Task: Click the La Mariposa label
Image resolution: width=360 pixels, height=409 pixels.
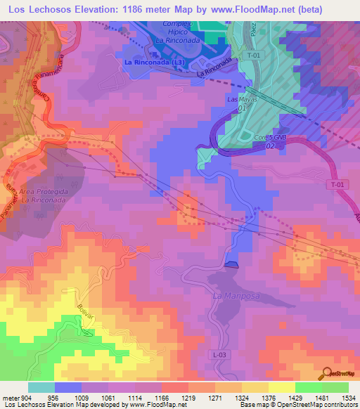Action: [x=236, y=296]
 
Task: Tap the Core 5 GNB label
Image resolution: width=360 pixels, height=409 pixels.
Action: [x=270, y=138]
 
